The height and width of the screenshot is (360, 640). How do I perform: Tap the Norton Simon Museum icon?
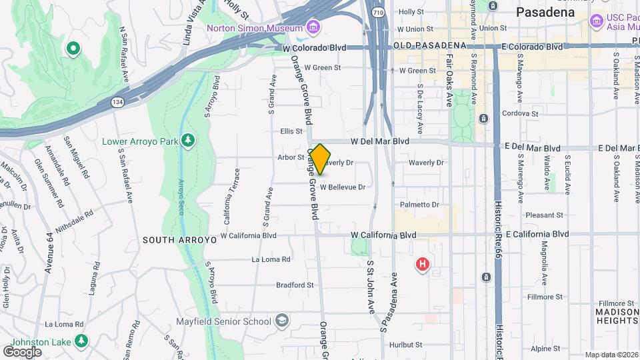(313, 27)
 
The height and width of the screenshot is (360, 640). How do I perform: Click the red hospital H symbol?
(422, 265)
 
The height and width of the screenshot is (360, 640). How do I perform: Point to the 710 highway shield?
(378, 12)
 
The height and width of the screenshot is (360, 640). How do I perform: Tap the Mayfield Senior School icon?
(282, 321)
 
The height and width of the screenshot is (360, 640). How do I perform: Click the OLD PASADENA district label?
(429, 45)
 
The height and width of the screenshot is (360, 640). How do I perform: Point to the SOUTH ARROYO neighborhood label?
(171, 239)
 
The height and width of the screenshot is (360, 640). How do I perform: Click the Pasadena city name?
(545, 12)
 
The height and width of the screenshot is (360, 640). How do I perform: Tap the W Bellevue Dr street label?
(342, 187)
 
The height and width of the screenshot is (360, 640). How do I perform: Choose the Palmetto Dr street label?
(419, 205)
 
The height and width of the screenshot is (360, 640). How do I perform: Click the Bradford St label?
(295, 285)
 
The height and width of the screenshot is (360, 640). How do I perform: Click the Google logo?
(22, 351)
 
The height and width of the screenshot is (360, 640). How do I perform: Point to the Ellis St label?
(291, 131)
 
